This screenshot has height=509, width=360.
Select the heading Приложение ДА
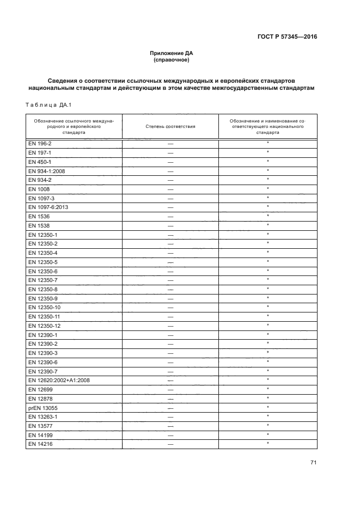(172, 53)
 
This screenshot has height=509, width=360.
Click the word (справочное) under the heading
(172, 60)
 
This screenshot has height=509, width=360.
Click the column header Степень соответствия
(170, 126)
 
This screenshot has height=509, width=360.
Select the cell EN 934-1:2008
(46, 170)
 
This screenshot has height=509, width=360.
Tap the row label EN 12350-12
(44, 326)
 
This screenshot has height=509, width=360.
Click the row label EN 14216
(39, 444)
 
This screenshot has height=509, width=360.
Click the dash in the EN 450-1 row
(170, 162)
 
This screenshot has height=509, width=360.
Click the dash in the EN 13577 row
(170, 426)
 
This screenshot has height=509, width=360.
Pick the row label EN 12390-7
(42, 371)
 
